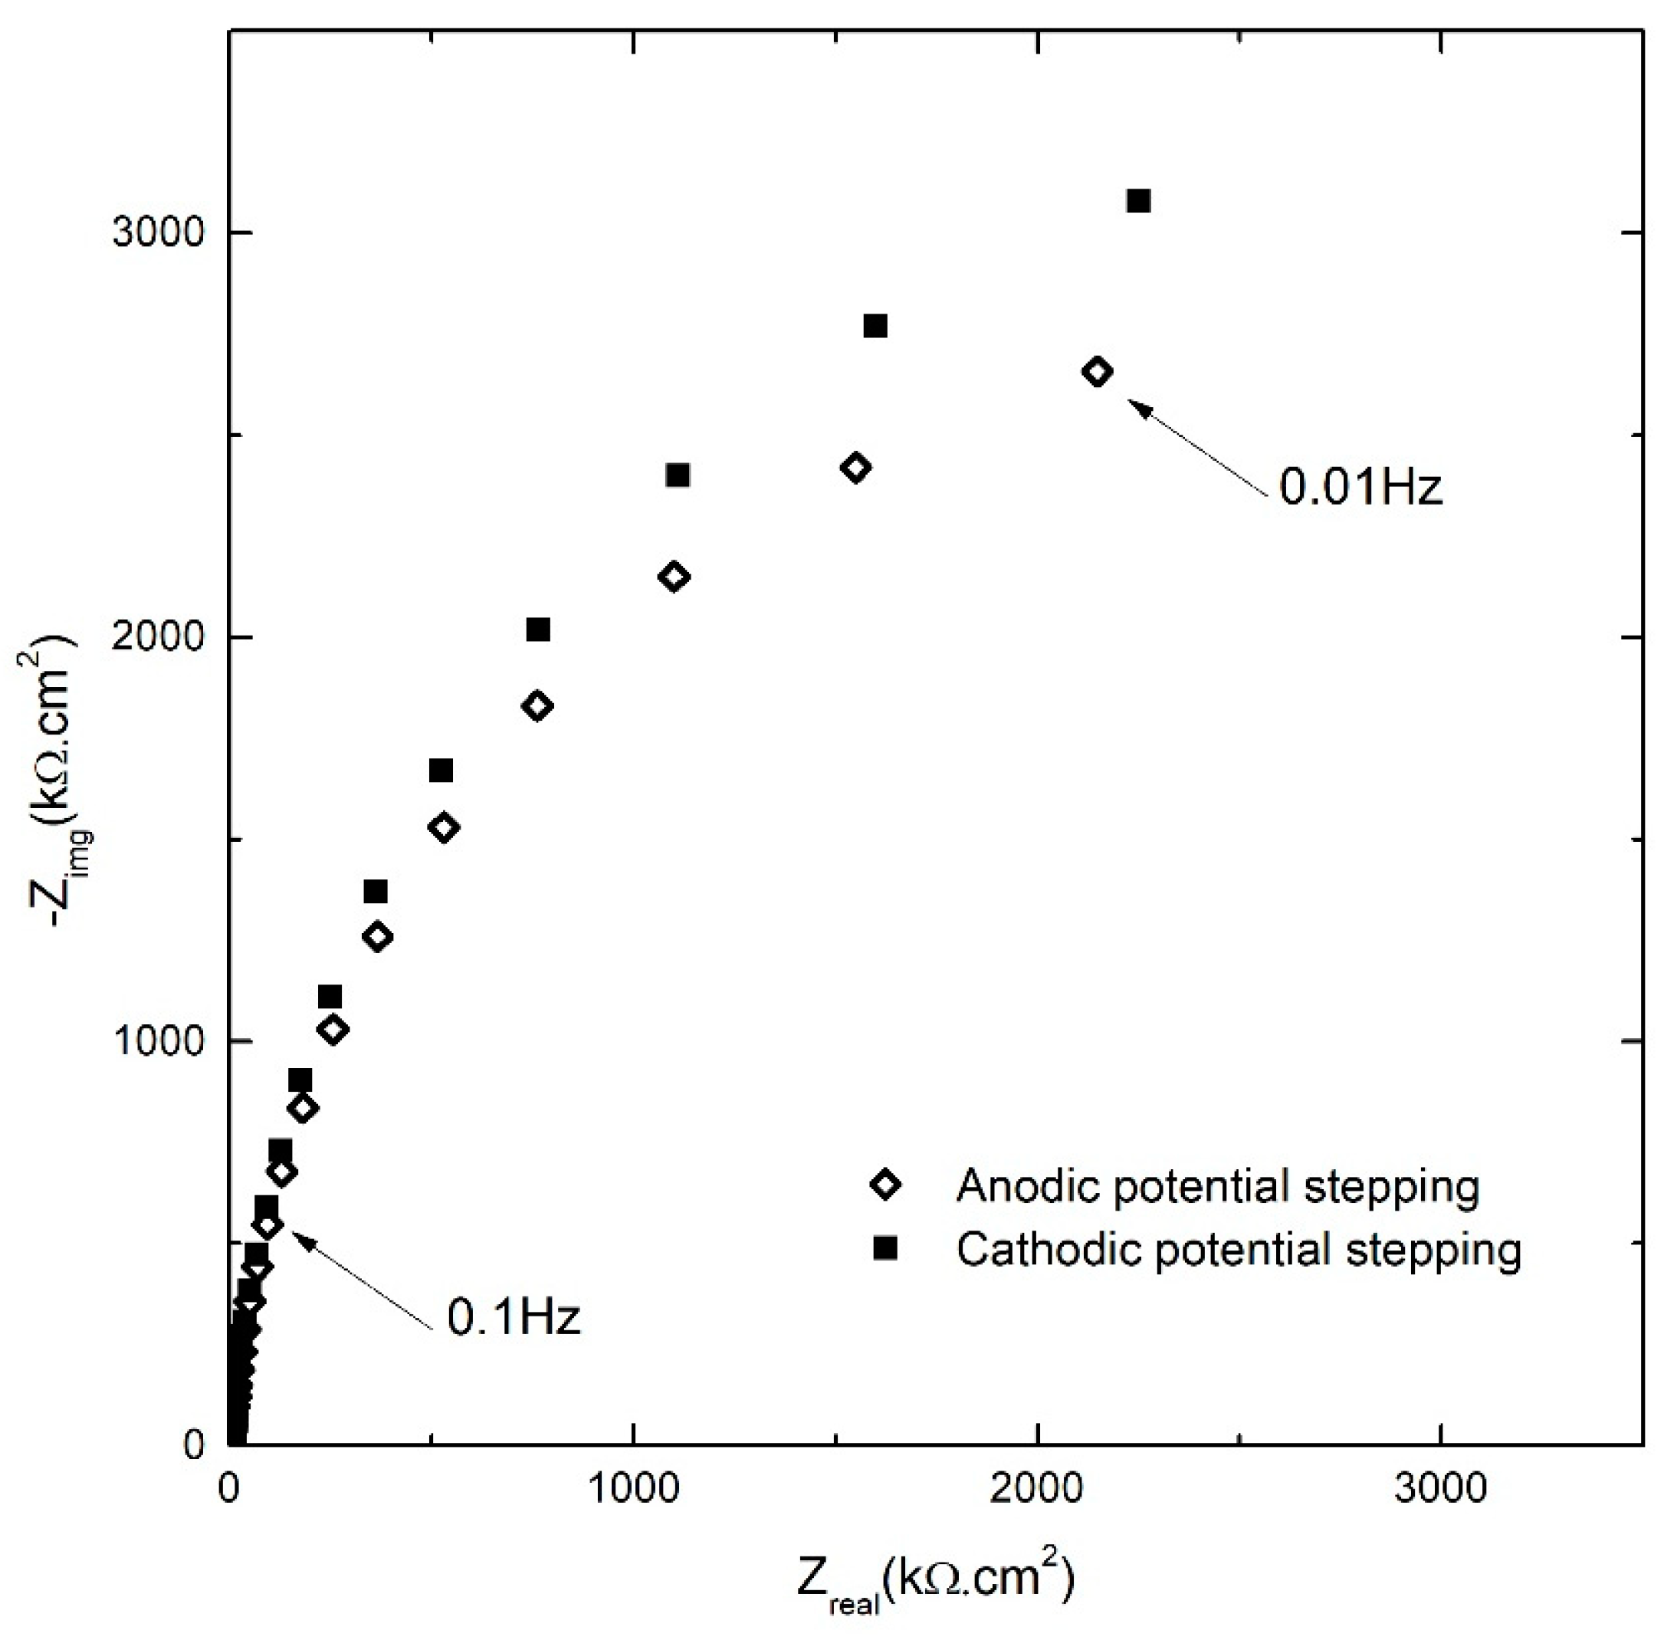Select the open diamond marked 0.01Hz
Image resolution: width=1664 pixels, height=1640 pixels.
coord(1096,371)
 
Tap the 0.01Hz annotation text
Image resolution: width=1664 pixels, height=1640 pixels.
coord(1359,487)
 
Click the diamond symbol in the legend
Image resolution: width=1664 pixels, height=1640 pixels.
coord(885,1186)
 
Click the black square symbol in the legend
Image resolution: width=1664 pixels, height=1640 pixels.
coord(885,1248)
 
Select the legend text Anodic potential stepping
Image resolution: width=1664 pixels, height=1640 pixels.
coord(1218,1186)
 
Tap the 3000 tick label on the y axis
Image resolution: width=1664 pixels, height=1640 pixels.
coord(159,232)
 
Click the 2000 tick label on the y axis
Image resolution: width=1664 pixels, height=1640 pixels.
coord(159,637)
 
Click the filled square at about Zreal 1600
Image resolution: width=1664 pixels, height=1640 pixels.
coord(875,326)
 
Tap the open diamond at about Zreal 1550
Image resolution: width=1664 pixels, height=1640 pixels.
coord(855,468)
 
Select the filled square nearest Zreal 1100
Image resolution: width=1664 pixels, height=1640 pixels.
coord(678,475)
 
